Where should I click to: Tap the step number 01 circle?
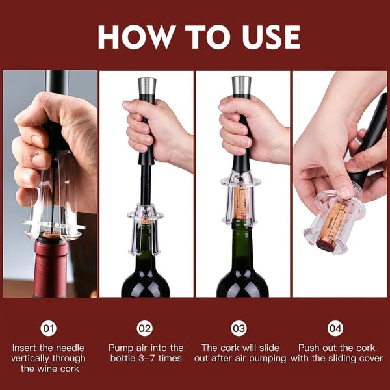coord(49,328)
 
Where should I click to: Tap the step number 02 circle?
coord(146,328)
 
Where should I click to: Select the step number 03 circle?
coord(242,328)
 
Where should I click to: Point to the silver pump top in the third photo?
coord(241,84)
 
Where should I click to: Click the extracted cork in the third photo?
coord(241,201)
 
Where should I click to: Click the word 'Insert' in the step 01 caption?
coord(27,348)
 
